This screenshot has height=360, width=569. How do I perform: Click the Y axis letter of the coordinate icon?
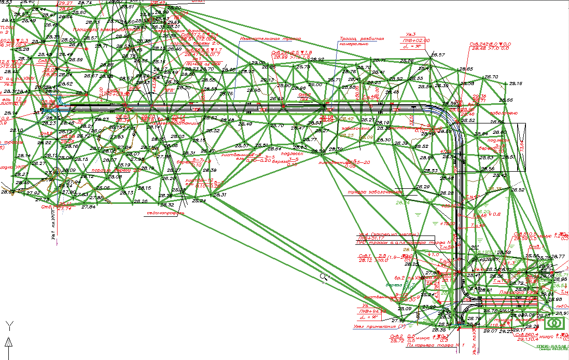pyautogui.click(x=9, y=325)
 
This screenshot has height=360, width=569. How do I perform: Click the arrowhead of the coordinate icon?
pyautogui.click(x=9, y=341)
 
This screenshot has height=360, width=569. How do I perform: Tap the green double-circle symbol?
pyautogui.click(x=555, y=324)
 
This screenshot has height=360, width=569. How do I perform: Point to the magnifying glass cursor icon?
pyautogui.click(x=324, y=277)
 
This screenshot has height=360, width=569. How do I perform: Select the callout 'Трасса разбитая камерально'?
pyautogui.click(x=362, y=41)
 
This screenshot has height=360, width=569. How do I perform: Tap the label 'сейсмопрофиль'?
pyautogui.click(x=162, y=212)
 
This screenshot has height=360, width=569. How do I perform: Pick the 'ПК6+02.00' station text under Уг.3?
pyautogui.click(x=415, y=40)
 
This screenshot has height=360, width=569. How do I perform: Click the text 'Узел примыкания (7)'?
pyautogui.click(x=378, y=325)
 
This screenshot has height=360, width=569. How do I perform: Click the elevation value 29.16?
pyautogui.click(x=516, y=84)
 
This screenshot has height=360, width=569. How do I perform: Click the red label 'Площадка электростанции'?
pyautogui.click(x=106, y=30)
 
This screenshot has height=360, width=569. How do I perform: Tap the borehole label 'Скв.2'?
pyautogui.click(x=397, y=336)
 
